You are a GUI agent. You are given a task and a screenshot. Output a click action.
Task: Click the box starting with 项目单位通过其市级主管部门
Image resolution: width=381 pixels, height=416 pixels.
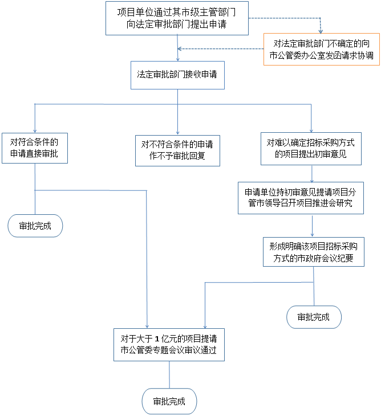click(x=176, y=18)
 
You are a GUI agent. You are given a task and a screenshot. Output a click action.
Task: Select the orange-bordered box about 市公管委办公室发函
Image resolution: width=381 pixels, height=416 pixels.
click(x=322, y=49)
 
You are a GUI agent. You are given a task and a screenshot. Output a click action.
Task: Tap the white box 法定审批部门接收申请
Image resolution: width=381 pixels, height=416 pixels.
click(x=177, y=75)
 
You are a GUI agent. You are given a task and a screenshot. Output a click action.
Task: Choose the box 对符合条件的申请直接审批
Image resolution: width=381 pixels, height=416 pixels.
click(x=34, y=148)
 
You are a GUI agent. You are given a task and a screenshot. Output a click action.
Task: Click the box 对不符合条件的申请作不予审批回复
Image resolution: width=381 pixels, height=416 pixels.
click(x=177, y=150)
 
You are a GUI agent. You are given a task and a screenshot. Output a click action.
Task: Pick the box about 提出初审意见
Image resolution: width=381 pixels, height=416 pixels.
click(x=311, y=148)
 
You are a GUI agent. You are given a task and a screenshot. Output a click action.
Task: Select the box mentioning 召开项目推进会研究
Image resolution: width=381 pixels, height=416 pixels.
click(x=301, y=198)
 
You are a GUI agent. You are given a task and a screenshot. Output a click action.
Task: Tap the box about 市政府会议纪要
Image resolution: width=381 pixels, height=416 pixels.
click(x=313, y=252)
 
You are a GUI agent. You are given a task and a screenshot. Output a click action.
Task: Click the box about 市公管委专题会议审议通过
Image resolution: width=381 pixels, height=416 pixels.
click(x=169, y=344)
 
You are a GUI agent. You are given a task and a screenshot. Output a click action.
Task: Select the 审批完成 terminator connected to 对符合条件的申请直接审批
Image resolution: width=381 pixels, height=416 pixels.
click(x=35, y=226)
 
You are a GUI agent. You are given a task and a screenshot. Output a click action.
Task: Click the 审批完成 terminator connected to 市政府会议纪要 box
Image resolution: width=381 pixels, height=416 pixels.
click(x=314, y=317)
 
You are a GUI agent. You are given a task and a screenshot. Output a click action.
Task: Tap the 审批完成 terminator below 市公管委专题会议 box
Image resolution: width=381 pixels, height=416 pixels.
click(x=169, y=401)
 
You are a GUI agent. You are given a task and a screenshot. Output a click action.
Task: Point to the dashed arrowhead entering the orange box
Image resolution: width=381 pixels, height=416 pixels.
click(x=321, y=30)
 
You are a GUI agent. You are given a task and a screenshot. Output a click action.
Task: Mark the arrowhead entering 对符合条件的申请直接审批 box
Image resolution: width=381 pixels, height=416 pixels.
click(x=35, y=130)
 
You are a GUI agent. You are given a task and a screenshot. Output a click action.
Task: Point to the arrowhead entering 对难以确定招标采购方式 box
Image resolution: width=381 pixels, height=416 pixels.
click(x=311, y=129)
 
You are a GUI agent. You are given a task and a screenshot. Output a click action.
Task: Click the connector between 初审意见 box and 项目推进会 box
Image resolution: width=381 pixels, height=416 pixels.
click(x=311, y=173)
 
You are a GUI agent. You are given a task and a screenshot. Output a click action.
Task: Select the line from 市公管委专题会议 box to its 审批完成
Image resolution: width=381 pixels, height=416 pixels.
click(x=169, y=374)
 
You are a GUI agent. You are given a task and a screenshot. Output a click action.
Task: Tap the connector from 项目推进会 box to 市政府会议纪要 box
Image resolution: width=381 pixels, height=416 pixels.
click(x=312, y=225)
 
